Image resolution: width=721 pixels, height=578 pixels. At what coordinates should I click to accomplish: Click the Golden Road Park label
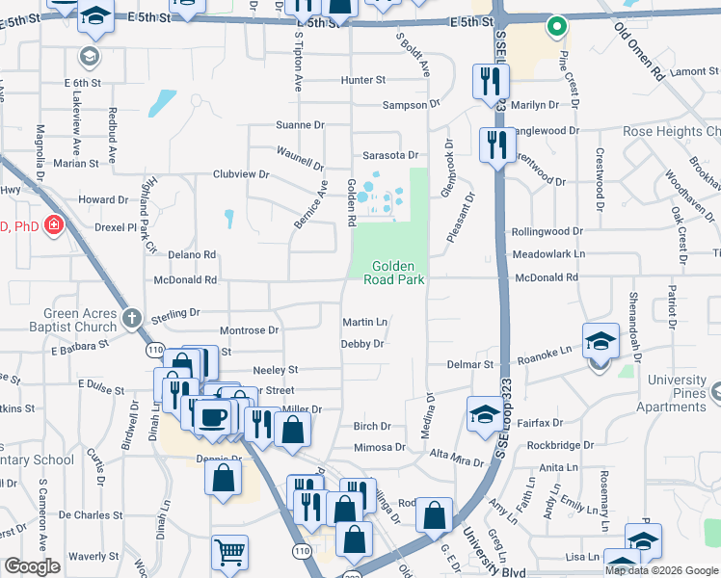coord(393,273)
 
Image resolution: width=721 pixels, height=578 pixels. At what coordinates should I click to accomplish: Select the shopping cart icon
coord(230,552)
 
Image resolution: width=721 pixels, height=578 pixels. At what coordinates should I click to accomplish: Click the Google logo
coord(32,566)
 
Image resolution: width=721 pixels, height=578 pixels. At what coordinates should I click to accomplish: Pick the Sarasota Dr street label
coord(390,155)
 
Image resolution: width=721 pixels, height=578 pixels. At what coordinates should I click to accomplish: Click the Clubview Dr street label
coord(241,174)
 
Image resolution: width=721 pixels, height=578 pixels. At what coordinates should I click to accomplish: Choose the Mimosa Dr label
coord(380,447)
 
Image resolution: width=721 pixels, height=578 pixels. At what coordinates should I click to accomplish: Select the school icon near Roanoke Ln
coord(600,340)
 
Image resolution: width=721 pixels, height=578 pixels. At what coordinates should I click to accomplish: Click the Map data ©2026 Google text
coord(661,570)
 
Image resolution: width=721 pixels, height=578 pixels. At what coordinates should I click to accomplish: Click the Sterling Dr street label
coord(174,313)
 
